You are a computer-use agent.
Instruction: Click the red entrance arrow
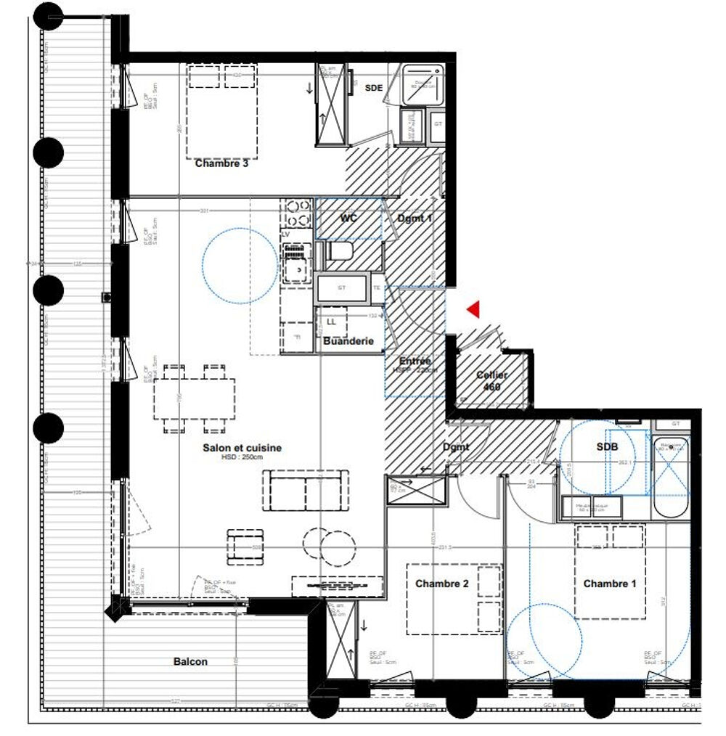pos(473,310)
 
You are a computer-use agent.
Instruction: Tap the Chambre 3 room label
pos(221,164)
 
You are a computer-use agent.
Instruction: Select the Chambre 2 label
pos(441,584)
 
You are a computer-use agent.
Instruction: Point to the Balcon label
pos(190,661)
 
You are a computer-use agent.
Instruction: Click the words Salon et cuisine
pos(242,448)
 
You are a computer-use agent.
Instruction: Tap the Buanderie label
pos(348,340)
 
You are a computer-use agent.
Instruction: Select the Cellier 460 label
pos(492,381)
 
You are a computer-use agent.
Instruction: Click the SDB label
pos(606,447)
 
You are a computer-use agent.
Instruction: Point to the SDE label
pos(374,87)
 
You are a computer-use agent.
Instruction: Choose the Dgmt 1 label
pos(415,218)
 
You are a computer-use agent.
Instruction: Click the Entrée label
pos(415,361)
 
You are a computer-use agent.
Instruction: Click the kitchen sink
pos(297,270)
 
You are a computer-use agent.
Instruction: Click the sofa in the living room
pos(304,491)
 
